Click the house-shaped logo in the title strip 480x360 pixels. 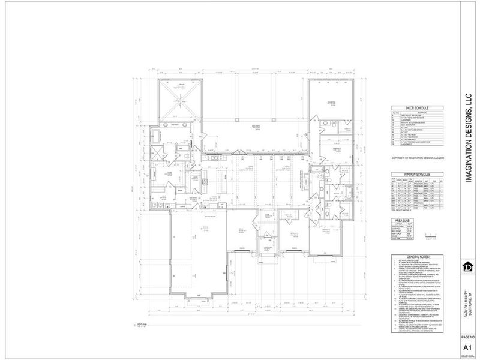466,266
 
